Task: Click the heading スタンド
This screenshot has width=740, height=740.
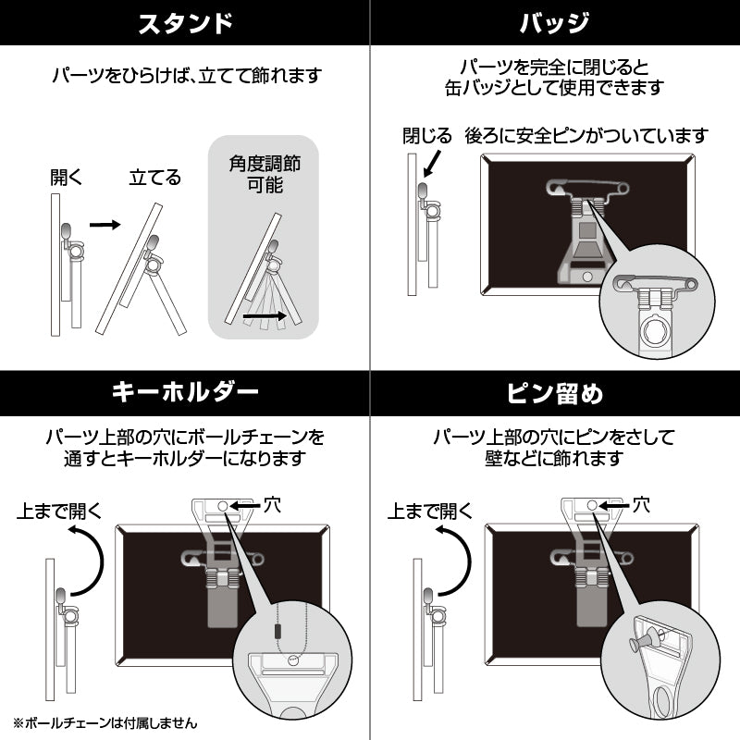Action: (184, 23)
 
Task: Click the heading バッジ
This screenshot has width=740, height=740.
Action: (555, 23)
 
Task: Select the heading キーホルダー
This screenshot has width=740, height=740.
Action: (184, 393)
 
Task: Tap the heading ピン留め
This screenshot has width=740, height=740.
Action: (555, 393)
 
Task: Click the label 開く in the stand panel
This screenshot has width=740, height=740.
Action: (67, 178)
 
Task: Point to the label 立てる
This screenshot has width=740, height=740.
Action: (154, 178)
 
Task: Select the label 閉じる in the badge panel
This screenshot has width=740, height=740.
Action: (426, 136)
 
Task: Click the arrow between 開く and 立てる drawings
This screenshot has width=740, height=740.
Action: (105, 224)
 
